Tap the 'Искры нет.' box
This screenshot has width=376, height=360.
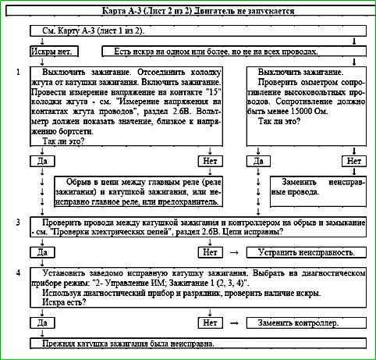[x=52, y=52]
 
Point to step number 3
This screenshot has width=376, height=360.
[x=17, y=223]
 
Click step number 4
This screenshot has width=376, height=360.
[x=17, y=273]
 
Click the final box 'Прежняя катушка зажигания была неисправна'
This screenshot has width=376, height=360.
[x=126, y=344]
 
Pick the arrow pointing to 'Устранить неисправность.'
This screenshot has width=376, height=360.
[x=232, y=253]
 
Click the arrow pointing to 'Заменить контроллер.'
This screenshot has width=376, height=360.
[x=232, y=323]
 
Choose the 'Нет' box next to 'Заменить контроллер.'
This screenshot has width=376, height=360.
[x=209, y=323]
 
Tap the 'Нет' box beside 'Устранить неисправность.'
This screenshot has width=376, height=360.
[x=209, y=253]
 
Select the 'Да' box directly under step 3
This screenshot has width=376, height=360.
[x=43, y=253]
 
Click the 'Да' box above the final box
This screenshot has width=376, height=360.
[x=43, y=323]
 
